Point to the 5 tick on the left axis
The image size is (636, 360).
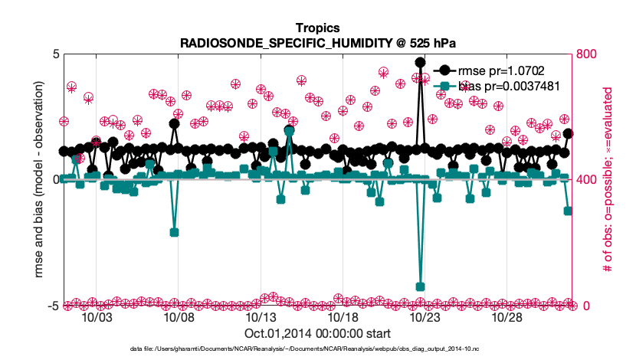click(56, 54)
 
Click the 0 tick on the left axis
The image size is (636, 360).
click(56, 180)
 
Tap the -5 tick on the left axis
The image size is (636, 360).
click(54, 306)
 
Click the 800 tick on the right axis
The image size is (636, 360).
click(587, 54)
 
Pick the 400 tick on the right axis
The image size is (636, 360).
click(587, 180)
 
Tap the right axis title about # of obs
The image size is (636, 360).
click(610, 180)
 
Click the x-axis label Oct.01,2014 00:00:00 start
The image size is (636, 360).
click(317, 334)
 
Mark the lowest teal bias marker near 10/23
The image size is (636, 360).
click(420, 286)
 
